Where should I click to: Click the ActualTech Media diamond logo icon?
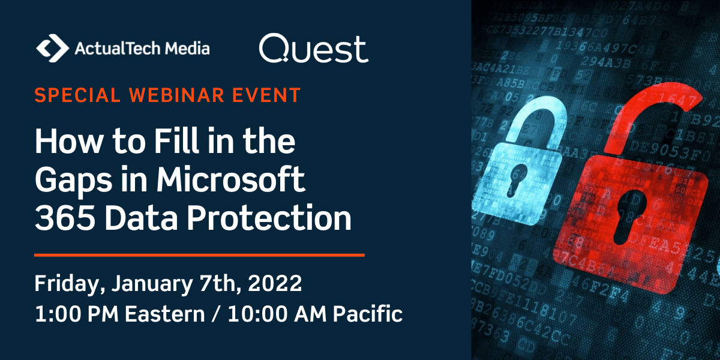point(52,48)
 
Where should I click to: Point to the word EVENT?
point(270,96)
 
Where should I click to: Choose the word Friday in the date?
point(66,284)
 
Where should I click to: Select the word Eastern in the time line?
point(171,314)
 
